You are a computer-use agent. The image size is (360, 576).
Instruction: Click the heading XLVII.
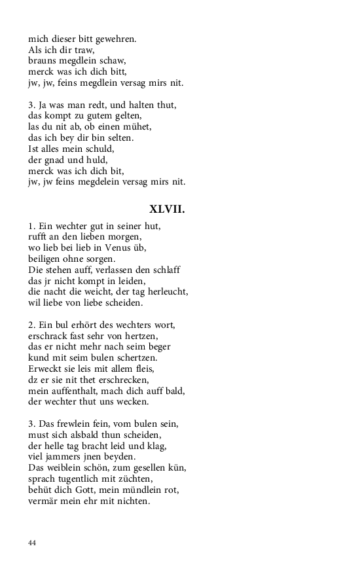pyautogui.click(x=168, y=210)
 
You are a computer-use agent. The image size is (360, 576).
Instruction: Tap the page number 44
pyautogui.click(x=32, y=543)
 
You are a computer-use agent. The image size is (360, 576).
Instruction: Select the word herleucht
pyautogui.click(x=166, y=292)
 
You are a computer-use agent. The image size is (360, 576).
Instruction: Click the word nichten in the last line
pyautogui.click(x=131, y=501)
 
